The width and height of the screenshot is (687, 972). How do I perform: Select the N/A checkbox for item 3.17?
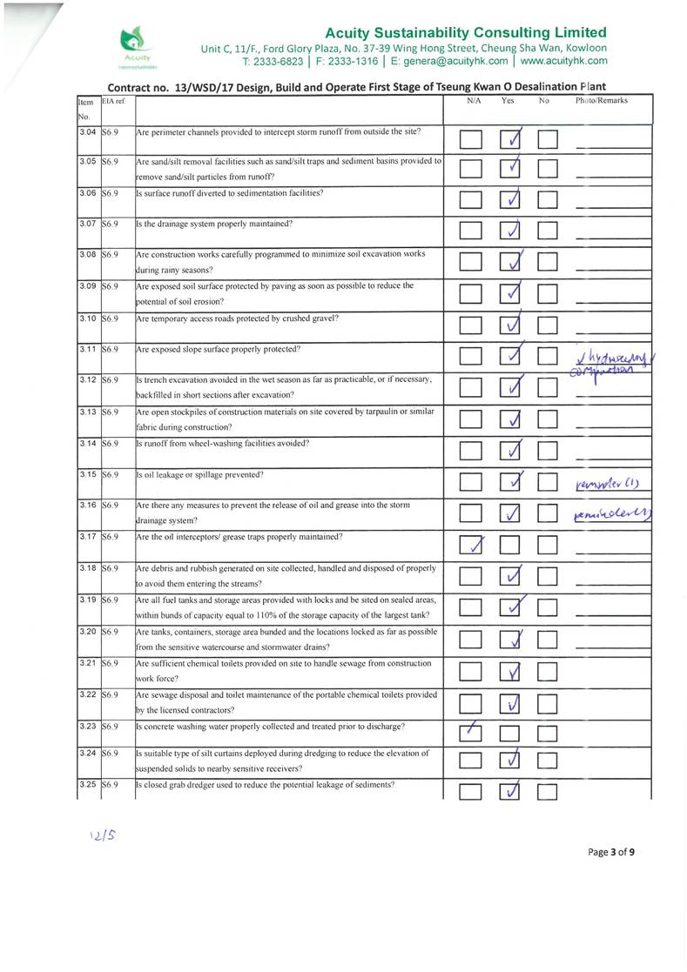[471, 546]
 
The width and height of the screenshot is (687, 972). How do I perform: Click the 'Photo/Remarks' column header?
[601, 101]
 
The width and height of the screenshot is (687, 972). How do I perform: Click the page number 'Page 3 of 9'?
[610, 852]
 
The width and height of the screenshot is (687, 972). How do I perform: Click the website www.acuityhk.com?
[563, 62]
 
